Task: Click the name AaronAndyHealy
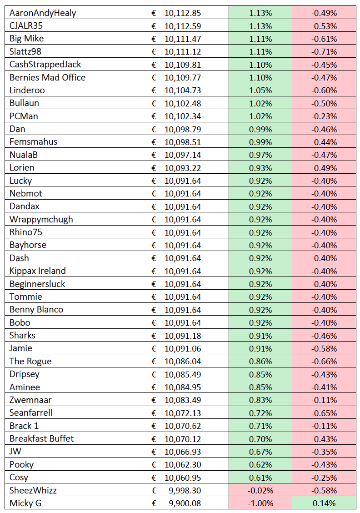click(x=43, y=13)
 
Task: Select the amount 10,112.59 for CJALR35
click(x=182, y=26)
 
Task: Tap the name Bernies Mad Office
click(x=47, y=77)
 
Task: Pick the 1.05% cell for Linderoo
click(x=260, y=91)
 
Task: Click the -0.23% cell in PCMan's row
click(x=324, y=116)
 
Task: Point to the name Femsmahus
click(x=33, y=141)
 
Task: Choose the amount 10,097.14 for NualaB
click(x=182, y=155)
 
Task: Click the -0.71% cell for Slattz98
click(x=324, y=52)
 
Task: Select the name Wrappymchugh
click(x=41, y=220)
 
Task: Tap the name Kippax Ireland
click(x=38, y=271)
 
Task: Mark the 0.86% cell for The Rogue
click(x=260, y=361)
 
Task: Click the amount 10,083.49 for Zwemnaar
click(x=182, y=400)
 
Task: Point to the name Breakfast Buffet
click(x=41, y=438)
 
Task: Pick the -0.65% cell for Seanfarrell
click(x=324, y=413)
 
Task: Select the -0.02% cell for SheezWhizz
click(x=260, y=490)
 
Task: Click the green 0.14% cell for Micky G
click(x=324, y=503)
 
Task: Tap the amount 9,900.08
click(x=185, y=503)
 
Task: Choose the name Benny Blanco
click(x=36, y=310)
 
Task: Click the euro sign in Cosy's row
click(x=154, y=478)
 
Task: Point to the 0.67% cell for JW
click(x=260, y=452)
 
